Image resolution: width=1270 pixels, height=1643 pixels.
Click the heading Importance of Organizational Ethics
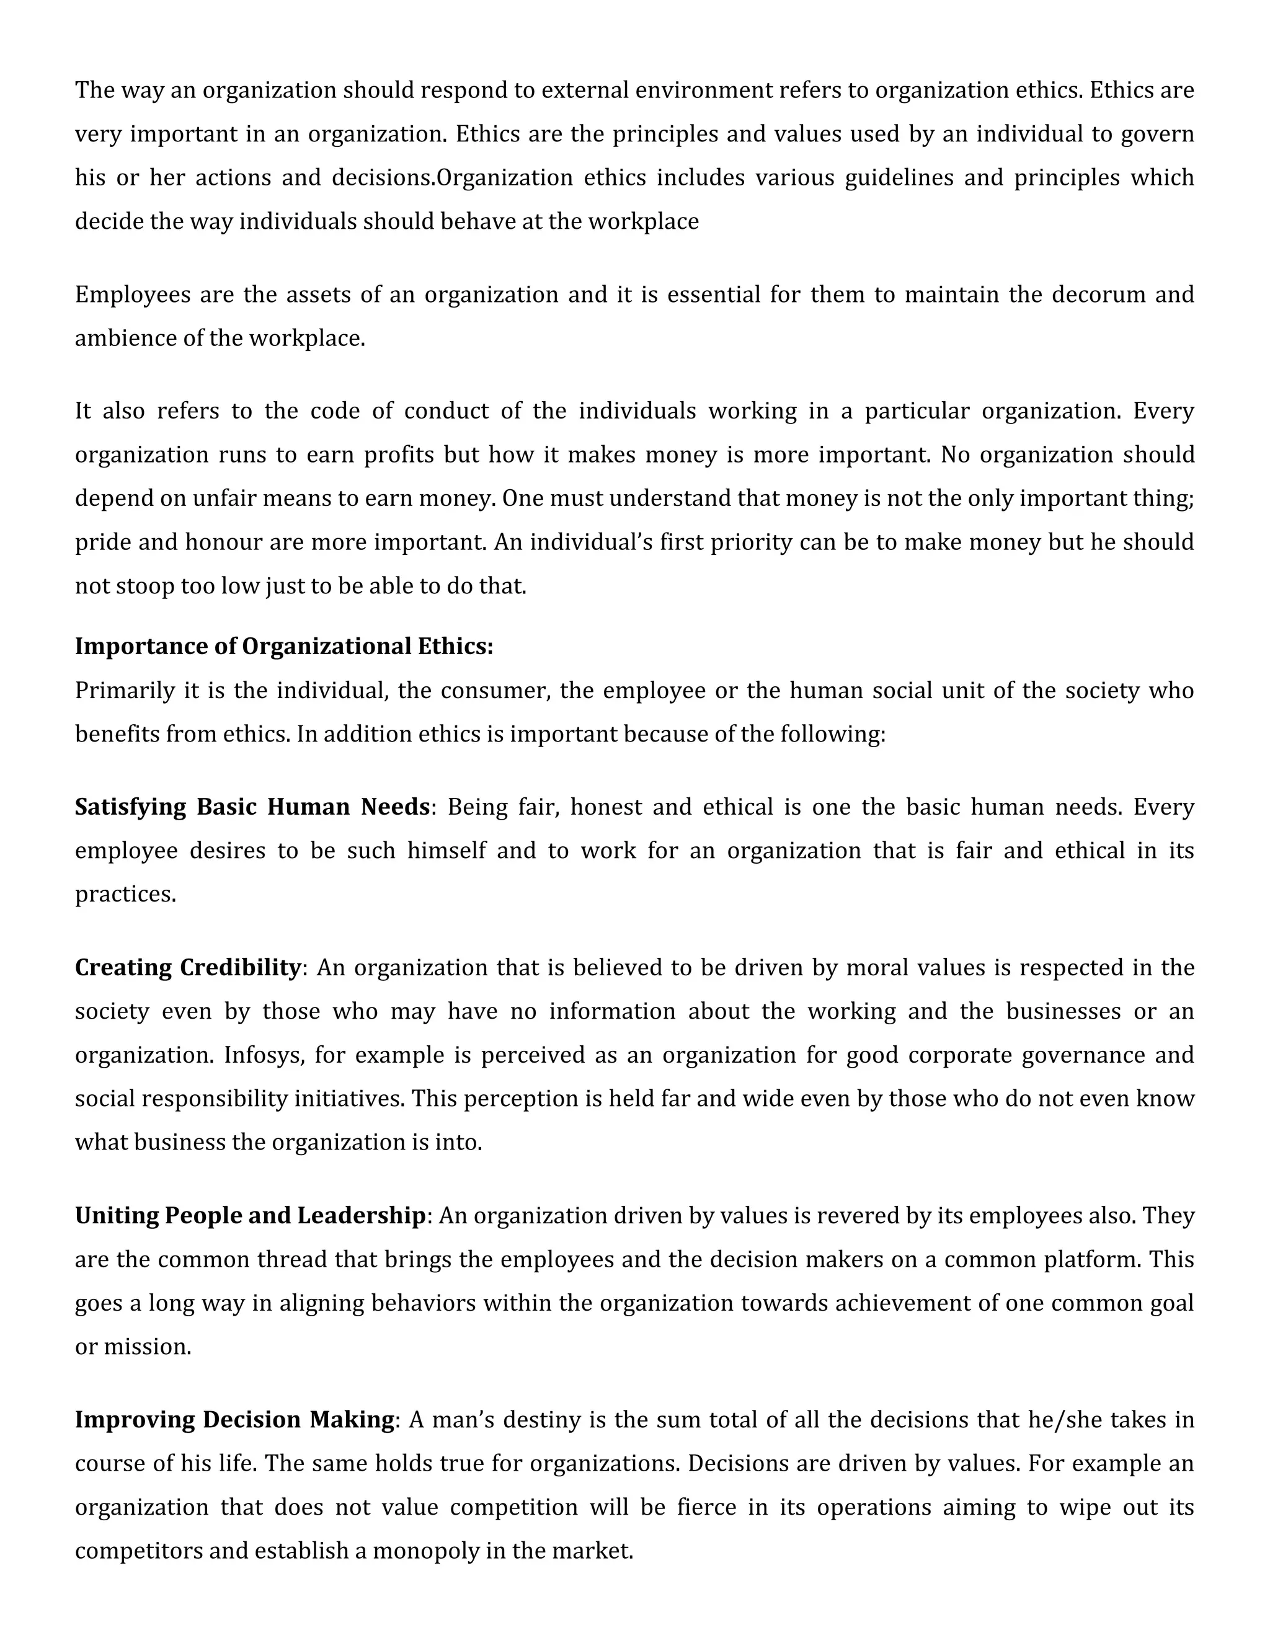pos(283,646)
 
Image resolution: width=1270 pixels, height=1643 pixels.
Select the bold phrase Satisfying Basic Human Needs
pos(252,807)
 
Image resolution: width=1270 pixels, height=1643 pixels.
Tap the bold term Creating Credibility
pos(187,967)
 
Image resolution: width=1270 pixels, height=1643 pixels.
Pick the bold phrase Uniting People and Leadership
pos(251,1216)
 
